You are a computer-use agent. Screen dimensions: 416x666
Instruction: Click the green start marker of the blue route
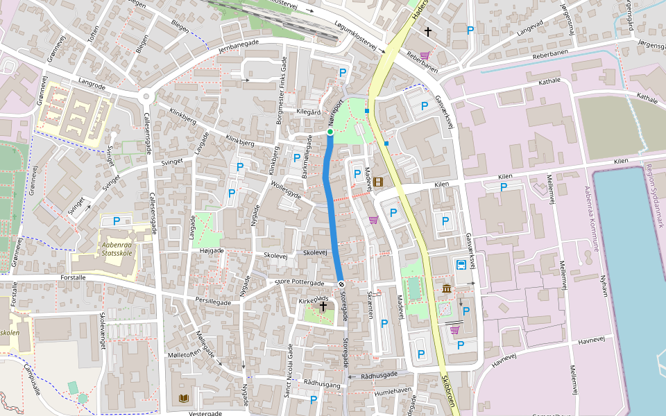point(330,132)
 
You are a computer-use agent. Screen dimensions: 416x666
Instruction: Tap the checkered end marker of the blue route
point(341,284)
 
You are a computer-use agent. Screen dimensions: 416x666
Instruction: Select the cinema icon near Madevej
point(377,182)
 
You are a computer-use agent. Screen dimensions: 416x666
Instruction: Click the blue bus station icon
point(461,265)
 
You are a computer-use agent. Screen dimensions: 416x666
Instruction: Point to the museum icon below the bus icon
point(447,288)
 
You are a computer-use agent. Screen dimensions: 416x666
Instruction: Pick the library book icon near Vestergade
point(183,398)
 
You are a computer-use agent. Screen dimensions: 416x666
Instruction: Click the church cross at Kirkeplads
point(323,306)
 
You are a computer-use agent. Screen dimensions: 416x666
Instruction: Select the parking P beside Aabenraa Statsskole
point(117,221)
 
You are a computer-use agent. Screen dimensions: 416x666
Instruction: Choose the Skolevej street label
point(275,255)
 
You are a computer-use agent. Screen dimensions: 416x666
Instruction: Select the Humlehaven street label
point(393,391)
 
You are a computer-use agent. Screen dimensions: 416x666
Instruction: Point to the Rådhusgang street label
point(322,383)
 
